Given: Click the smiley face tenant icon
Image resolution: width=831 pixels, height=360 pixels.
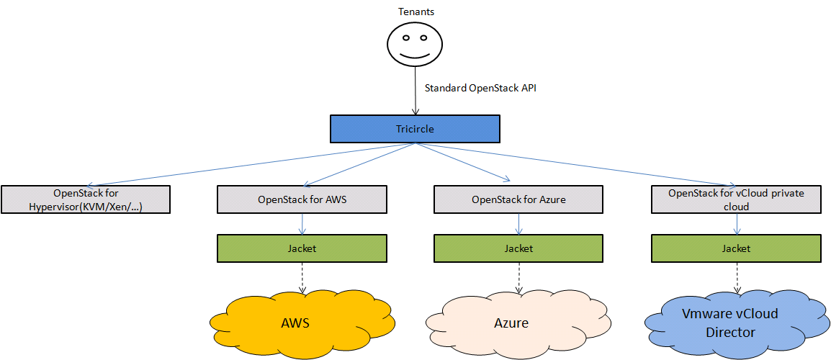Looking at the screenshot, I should point(415,43).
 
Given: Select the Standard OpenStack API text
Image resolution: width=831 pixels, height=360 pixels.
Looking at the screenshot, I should point(480,89).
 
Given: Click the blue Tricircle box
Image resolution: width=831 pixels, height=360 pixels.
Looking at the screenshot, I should point(415,129).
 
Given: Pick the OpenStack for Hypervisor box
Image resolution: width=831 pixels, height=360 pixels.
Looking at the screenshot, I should point(86,199).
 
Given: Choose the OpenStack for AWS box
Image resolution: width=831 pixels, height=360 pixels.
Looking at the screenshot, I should point(302,199).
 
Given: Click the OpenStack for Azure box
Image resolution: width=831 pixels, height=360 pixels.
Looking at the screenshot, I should point(518,199).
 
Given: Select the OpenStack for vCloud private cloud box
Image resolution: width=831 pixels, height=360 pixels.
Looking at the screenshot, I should point(736,199).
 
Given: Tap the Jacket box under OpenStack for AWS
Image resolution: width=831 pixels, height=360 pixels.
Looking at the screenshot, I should point(302,248).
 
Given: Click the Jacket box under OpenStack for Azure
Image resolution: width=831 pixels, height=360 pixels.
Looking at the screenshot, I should point(518,248).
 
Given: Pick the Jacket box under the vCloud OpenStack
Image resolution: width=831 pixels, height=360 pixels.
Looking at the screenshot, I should point(736,248).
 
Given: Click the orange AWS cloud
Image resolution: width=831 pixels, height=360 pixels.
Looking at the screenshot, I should point(302,323).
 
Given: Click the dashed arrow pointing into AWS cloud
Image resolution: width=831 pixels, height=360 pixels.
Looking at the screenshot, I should point(302,277).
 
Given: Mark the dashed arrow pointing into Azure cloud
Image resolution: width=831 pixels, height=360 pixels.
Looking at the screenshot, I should point(518,277).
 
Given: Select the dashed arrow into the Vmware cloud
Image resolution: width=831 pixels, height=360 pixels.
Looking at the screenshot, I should point(736,277).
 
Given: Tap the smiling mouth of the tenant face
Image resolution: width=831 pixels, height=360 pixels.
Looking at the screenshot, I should point(415,54).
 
